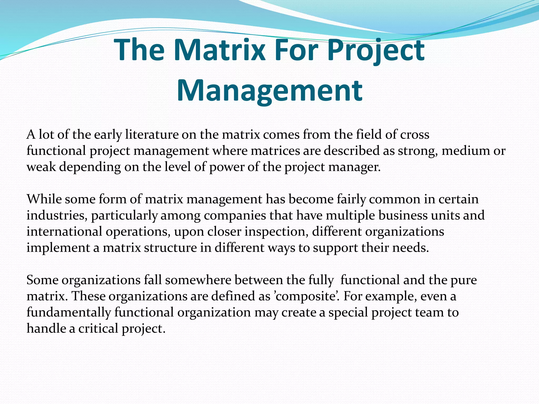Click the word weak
point(41,167)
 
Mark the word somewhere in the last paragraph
point(198,280)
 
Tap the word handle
point(46,329)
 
